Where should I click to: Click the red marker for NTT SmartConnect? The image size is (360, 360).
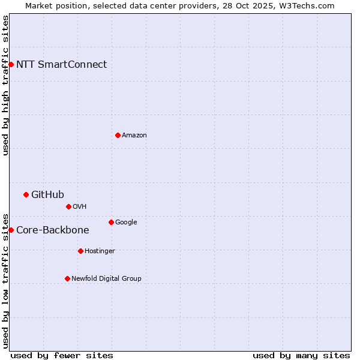(11, 64)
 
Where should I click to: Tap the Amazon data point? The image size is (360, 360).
(118, 135)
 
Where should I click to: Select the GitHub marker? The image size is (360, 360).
(26, 194)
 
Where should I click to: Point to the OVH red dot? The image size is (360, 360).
(68, 206)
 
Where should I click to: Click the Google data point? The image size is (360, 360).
(111, 222)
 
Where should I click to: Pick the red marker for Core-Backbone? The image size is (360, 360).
(11, 230)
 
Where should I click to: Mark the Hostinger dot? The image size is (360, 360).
(80, 251)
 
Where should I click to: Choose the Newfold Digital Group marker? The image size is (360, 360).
(67, 278)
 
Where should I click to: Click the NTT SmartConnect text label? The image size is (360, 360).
(61, 65)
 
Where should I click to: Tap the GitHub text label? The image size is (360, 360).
(47, 194)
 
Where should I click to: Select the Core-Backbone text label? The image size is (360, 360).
(52, 230)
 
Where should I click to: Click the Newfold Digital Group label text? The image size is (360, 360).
(106, 278)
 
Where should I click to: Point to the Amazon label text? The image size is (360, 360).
(134, 136)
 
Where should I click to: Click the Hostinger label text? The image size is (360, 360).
(100, 251)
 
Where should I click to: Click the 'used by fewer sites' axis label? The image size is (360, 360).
(62, 355)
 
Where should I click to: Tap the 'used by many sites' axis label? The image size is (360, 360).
(301, 355)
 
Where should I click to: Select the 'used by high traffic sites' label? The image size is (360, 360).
(5, 85)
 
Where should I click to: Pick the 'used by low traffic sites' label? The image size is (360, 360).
(5, 280)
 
